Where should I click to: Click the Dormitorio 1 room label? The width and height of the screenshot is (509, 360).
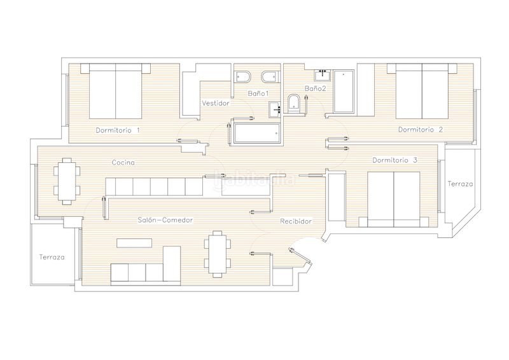coord(118,130)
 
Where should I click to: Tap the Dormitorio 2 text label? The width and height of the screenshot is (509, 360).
coord(421,130)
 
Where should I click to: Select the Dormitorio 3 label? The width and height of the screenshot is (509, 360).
coord(394,160)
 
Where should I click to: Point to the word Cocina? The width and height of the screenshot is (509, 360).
coord(123,162)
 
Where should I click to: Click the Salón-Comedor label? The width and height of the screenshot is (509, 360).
coord(165,220)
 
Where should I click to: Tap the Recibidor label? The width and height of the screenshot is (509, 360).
coord(296,221)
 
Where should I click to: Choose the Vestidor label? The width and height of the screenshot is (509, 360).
coord(216,103)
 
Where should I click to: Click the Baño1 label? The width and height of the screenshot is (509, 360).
coord(258,93)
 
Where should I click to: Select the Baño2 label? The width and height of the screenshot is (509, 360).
coord(315,88)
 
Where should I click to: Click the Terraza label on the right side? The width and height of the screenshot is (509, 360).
coord(460,184)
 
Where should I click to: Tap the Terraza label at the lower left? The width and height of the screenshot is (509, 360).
coord(52,257)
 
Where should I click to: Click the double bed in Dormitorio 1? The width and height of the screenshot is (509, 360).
coord(116,91)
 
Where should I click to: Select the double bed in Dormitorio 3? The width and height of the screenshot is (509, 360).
coord(393,200)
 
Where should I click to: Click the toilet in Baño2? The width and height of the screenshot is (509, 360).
coord(295,104)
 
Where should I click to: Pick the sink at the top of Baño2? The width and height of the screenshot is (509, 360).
coord(323,75)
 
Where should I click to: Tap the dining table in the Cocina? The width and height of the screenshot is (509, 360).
coord(67,181)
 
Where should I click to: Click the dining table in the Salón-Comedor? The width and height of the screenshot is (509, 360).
coord(217,254)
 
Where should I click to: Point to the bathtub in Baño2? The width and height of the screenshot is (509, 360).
coord(344,92)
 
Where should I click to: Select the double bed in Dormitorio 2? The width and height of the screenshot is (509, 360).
coord(422,91)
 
